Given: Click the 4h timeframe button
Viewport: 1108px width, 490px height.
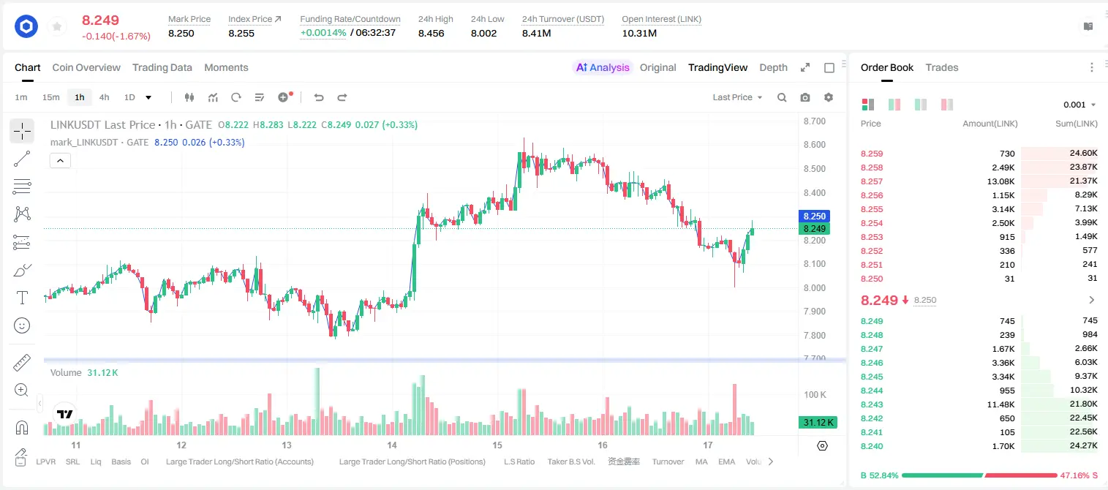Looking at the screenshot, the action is (x=104, y=97).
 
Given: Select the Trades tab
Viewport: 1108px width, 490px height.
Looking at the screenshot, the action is (x=942, y=67).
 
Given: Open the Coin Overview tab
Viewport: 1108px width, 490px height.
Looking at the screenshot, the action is (x=86, y=67).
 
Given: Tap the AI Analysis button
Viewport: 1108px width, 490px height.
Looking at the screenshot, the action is (x=603, y=67).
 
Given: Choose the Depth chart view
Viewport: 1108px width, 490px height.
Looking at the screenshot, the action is (x=773, y=67).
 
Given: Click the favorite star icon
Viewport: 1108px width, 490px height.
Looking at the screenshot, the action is (x=57, y=26).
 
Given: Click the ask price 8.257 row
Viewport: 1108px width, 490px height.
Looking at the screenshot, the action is (x=872, y=181).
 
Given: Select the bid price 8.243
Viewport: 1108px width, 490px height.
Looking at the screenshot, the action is (x=872, y=404).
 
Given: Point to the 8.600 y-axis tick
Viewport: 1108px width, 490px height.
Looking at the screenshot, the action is (x=814, y=144).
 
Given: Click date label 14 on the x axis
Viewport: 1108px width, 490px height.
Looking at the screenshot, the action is (x=392, y=445).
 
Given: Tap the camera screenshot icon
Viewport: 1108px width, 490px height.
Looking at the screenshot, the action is (x=805, y=97).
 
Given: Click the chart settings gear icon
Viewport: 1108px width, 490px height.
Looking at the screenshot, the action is (x=829, y=97).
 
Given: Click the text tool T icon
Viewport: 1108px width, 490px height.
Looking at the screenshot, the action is (x=22, y=298).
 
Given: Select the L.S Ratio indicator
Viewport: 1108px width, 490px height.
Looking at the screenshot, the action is (x=519, y=461).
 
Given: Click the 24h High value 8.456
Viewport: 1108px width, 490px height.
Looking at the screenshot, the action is (x=431, y=33).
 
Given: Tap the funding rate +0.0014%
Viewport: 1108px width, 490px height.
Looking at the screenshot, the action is (x=323, y=33).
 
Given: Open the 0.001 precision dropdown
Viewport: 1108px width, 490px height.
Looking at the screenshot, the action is (x=1079, y=105).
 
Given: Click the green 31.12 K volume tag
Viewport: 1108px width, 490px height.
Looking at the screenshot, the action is (x=818, y=422).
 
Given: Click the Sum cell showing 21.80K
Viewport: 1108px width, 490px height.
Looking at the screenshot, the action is (x=1083, y=404).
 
